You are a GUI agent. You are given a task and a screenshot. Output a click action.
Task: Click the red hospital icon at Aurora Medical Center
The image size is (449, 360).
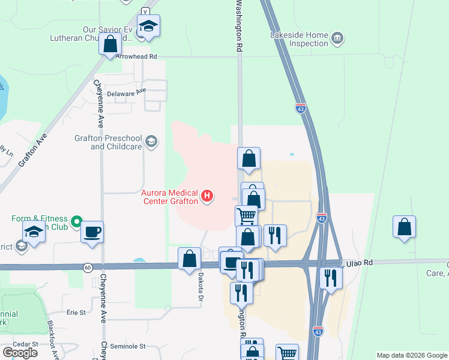click(x=208, y=196)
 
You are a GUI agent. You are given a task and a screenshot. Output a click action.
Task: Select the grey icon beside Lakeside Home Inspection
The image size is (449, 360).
click(x=337, y=39)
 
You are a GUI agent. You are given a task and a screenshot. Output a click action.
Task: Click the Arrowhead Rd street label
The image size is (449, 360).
click(x=136, y=56)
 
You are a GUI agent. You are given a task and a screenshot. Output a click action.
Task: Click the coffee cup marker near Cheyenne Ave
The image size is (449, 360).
click(x=92, y=232)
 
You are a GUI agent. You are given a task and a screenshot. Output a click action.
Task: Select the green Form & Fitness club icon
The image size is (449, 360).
click(x=76, y=223)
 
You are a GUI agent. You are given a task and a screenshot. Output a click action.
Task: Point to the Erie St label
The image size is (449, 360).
click(x=76, y=313)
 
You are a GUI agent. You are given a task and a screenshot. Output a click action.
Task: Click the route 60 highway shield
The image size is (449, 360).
click(x=88, y=267)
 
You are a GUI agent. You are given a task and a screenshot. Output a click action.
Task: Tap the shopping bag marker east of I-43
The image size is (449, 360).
click(x=405, y=227)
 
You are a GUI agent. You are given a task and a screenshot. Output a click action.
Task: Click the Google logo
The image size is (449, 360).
click(x=20, y=352)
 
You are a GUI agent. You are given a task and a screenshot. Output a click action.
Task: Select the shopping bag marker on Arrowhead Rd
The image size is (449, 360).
click(x=110, y=44)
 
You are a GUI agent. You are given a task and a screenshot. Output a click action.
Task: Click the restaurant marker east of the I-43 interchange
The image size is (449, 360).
click(x=331, y=278)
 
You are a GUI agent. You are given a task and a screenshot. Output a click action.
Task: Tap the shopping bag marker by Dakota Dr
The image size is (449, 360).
click(x=190, y=259)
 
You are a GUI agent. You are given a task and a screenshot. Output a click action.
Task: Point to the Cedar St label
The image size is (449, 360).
click(x=27, y=344)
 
